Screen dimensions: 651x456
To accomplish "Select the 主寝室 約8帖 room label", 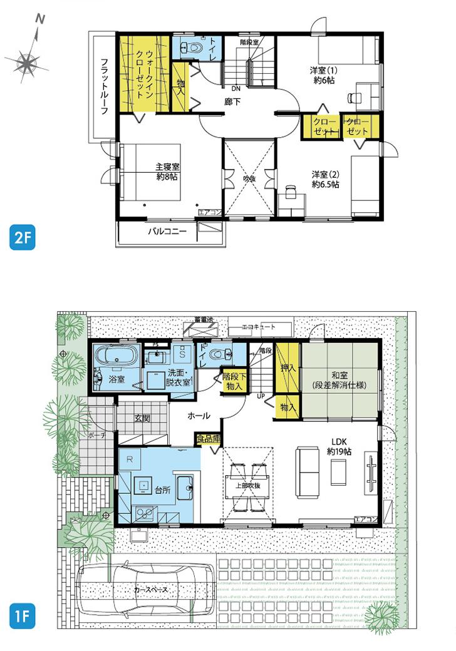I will pos(167,172).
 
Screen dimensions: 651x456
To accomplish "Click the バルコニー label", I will pos(167,232).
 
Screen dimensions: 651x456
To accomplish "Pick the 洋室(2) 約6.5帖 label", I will pos(326,180).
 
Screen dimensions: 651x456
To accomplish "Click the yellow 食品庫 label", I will pos(208,439).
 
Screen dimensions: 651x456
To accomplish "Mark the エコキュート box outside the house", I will pos(259,327).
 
